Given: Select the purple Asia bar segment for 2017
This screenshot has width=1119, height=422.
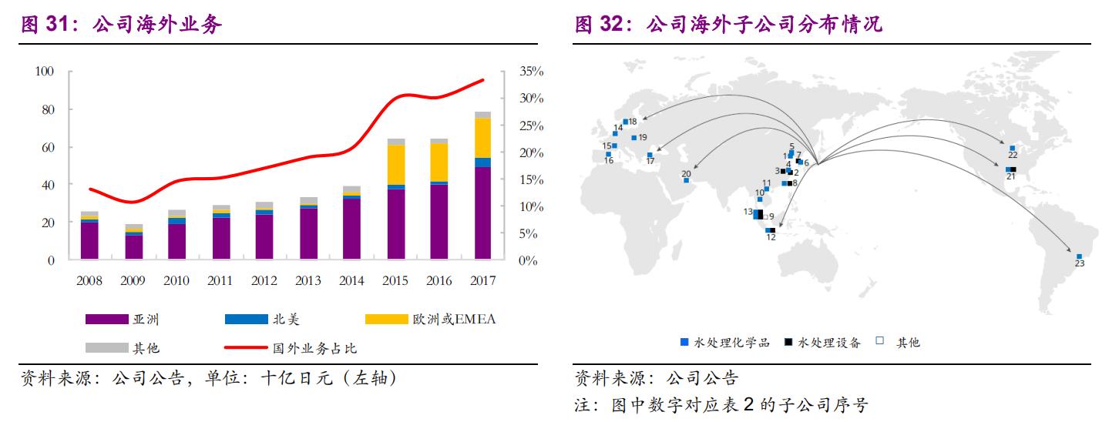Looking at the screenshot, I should click(483, 213).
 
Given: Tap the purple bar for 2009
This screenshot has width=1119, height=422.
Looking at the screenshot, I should click(133, 246).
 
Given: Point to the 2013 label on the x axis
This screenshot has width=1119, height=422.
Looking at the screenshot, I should click(308, 281).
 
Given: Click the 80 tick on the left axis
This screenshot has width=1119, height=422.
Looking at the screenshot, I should click(45, 109).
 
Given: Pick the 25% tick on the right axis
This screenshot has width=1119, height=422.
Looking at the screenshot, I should click(532, 126).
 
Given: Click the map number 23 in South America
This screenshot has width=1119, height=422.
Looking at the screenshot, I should click(1080, 264).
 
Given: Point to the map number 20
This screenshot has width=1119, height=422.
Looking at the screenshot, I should click(686, 173).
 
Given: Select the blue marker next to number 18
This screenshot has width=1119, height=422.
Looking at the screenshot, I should click(625, 122).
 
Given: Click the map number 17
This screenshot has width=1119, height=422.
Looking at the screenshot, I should click(650, 162).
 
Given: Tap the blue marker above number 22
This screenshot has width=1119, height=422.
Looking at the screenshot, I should click(1012, 148).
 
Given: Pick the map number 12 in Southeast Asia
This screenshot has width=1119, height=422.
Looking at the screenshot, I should click(771, 238).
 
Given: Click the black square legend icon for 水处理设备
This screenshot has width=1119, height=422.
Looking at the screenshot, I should click(788, 342).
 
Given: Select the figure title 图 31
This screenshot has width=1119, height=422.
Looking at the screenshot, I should click(42, 25).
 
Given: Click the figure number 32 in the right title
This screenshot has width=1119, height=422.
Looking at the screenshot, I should click(610, 25).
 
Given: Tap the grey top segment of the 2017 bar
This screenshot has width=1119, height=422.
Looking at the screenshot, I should click(483, 115).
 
